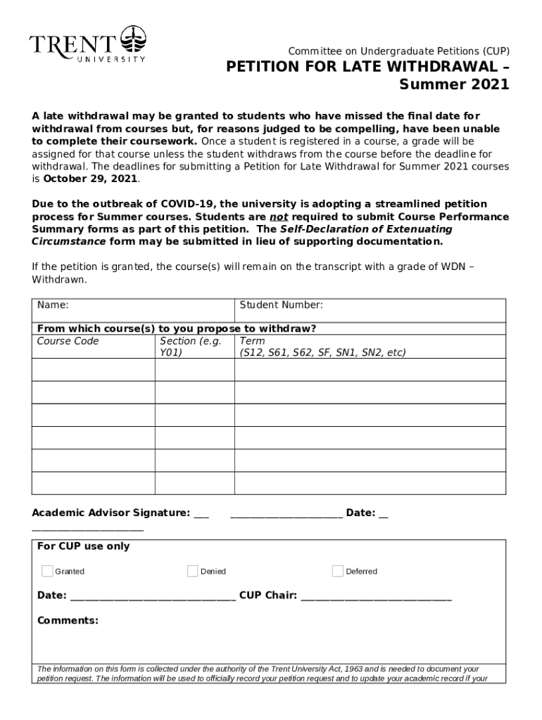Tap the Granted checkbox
(47, 570)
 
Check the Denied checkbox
(192, 570)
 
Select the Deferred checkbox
(338, 570)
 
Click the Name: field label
(53, 305)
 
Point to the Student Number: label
(281, 305)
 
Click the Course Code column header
(68, 341)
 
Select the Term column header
(252, 341)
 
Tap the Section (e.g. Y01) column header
(191, 347)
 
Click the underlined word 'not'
(278, 217)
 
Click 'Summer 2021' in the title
(453, 85)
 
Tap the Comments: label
(68, 621)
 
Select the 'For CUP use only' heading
(83, 546)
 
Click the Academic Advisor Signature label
(111, 513)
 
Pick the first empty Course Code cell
(93, 370)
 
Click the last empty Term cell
(370, 483)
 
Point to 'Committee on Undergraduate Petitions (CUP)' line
(398, 51)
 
